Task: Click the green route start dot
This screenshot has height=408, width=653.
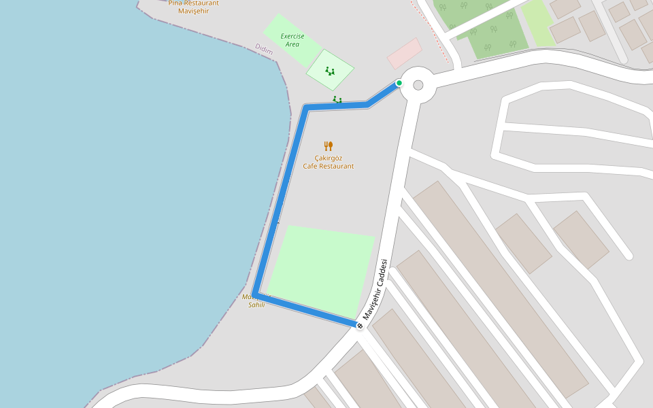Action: click(x=399, y=83)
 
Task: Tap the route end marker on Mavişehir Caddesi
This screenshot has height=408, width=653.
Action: click(x=360, y=326)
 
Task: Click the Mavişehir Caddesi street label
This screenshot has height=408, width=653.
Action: click(x=375, y=289)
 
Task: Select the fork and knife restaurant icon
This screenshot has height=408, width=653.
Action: click(x=329, y=146)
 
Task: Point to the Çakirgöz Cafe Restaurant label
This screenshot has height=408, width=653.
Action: click(x=329, y=162)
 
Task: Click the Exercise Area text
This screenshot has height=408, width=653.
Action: click(x=292, y=39)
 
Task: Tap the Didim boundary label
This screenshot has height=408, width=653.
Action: click(x=264, y=49)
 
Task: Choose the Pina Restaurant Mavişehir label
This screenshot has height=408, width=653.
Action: click(x=193, y=7)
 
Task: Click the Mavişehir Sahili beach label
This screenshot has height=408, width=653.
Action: click(x=256, y=301)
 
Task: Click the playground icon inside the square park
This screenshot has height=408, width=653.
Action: click(x=330, y=70)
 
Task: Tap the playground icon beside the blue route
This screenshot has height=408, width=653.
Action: click(x=337, y=100)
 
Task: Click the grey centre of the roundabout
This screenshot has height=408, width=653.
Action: click(x=418, y=85)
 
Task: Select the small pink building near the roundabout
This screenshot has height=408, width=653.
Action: click(x=405, y=53)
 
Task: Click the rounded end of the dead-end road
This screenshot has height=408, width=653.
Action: click(x=629, y=256)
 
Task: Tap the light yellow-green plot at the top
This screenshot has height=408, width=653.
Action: click(x=537, y=22)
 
